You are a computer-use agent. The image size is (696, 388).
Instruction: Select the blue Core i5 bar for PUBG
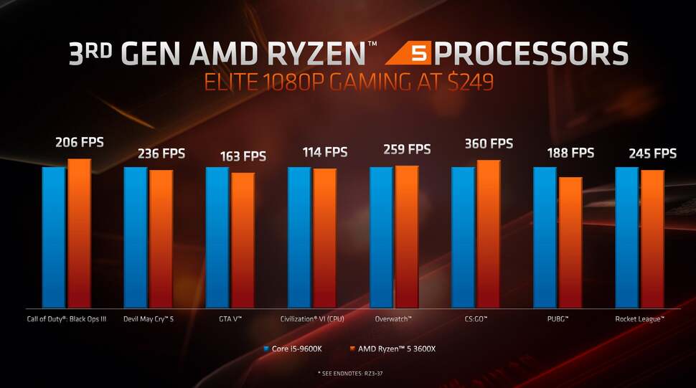(x=545, y=237)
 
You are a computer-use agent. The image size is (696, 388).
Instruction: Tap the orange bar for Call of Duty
(x=79, y=233)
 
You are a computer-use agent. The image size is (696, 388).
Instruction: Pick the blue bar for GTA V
(x=217, y=237)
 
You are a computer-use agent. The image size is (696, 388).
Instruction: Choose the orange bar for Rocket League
(x=652, y=238)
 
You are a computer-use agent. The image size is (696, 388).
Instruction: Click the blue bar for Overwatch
(x=381, y=237)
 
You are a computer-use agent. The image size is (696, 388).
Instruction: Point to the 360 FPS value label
(x=489, y=143)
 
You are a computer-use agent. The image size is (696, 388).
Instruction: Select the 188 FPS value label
(x=570, y=152)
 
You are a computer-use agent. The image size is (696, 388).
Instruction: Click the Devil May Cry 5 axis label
(x=149, y=318)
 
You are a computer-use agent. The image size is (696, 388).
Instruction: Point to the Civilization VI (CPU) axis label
(x=313, y=318)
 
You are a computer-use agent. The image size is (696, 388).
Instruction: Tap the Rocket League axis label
(x=639, y=318)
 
